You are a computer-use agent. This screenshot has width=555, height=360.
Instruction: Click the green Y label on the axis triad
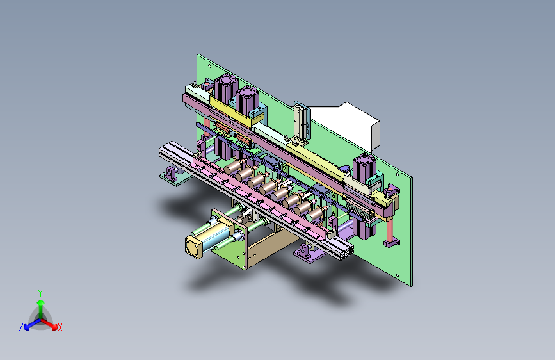(x=40, y=292)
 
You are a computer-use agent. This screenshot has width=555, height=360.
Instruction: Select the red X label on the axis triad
(x=60, y=328)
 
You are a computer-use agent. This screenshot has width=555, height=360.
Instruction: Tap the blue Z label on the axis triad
(x=21, y=327)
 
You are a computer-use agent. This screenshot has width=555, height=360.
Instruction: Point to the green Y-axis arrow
(x=40, y=305)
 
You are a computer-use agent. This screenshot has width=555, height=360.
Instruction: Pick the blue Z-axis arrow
(x=29, y=324)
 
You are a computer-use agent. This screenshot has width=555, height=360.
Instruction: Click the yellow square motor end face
(x=193, y=247)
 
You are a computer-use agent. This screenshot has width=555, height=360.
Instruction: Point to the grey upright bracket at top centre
(x=300, y=122)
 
